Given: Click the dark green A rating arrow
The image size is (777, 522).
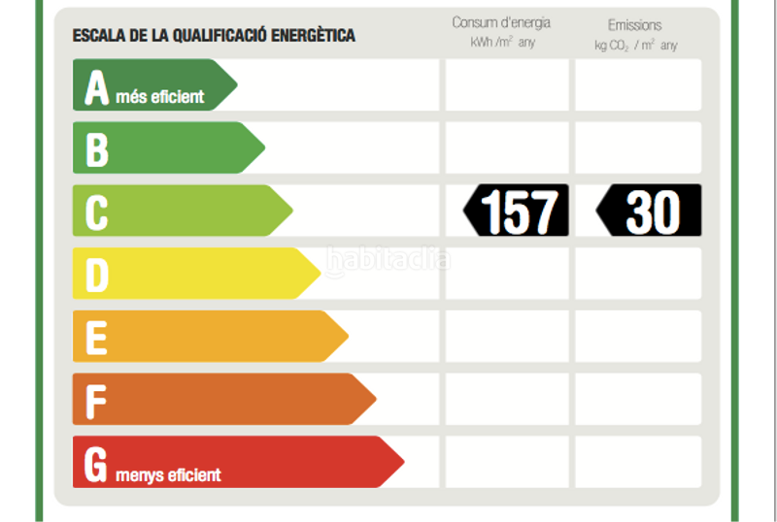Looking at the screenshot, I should click(151, 85).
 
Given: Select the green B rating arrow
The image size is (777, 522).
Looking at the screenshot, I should click(165, 147).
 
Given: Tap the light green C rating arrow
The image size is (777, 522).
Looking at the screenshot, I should click(180, 211).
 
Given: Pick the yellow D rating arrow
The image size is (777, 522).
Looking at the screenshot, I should click(194, 274).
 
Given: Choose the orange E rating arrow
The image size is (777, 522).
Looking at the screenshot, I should click(208, 336).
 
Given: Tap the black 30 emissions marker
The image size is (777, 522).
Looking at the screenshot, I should click(649, 211).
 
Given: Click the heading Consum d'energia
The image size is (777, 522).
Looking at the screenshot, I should click(501, 22).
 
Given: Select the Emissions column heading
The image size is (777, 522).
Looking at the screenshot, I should click(634, 24).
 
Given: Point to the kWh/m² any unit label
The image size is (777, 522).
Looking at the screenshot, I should click(502, 43).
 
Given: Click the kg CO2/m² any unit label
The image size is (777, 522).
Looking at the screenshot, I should click(636, 45).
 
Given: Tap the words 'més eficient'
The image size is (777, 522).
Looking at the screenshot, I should click(160, 96).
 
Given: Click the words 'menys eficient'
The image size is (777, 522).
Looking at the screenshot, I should click(169, 474).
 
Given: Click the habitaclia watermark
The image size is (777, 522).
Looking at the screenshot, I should click(388, 260).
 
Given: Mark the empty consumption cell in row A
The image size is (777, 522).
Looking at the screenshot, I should click(506, 85).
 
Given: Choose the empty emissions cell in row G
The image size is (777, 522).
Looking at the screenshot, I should click(637, 461).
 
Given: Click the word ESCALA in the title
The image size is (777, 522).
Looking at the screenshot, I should click(94, 36).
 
